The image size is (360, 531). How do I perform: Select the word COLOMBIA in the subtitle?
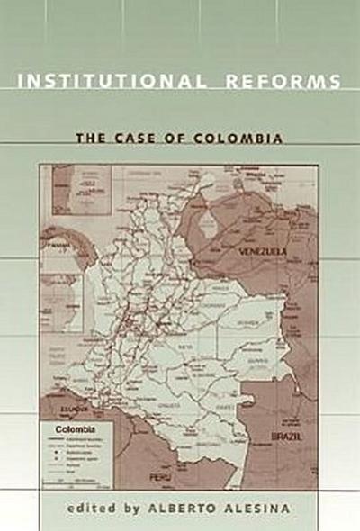(x=241, y=139)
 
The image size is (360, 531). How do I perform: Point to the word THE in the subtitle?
(x=88, y=139)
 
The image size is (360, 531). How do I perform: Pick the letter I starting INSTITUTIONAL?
(x=21, y=82)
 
